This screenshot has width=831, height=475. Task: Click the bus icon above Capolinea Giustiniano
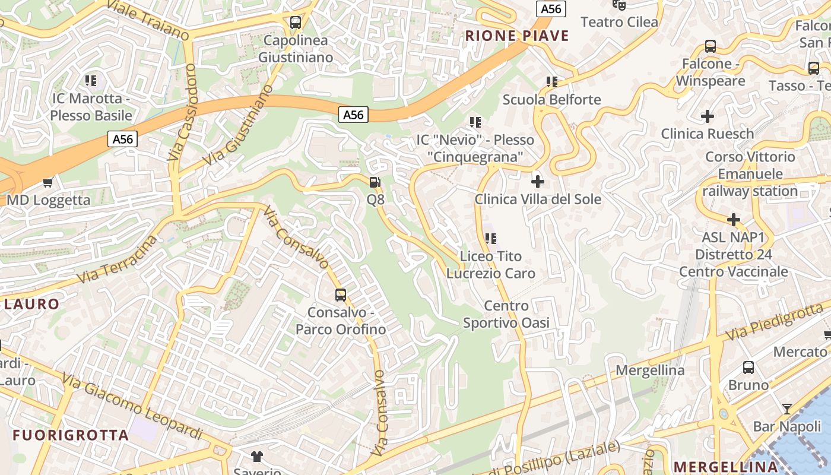pyautogui.click(x=295, y=23)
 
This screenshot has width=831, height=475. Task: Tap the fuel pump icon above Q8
pyautogui.click(x=375, y=182)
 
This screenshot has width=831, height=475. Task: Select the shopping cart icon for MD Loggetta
pyautogui.click(x=48, y=183)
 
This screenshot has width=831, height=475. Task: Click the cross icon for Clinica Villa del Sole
pyautogui.click(x=538, y=182)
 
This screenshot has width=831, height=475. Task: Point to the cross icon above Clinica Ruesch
pyautogui.click(x=707, y=116)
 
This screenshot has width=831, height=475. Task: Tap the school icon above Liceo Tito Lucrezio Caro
pyautogui.click(x=490, y=239)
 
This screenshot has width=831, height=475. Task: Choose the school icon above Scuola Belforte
pyautogui.click(x=551, y=82)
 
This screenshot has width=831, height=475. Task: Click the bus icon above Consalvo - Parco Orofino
pyautogui.click(x=340, y=294)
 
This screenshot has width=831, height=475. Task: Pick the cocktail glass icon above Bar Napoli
pyautogui.click(x=786, y=409)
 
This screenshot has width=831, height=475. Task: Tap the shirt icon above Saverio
pyautogui.click(x=256, y=456)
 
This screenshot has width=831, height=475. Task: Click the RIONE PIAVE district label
pyautogui.click(x=517, y=36)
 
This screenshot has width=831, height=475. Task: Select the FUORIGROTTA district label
pyautogui.click(x=71, y=435)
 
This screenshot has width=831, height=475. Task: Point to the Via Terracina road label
pyautogui.click(x=118, y=259)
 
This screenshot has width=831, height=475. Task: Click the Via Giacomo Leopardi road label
pyautogui.click(x=132, y=407)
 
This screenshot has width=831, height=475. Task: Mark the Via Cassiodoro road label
pyautogui.click(x=182, y=112)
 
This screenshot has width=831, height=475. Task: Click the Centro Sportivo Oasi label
pyautogui.click(x=506, y=315)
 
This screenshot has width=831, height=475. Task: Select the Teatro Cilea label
pyautogui.click(x=619, y=23)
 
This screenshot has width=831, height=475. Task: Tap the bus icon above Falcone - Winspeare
pyautogui.click(x=710, y=46)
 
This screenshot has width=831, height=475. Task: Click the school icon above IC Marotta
pyautogui.click(x=91, y=80)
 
